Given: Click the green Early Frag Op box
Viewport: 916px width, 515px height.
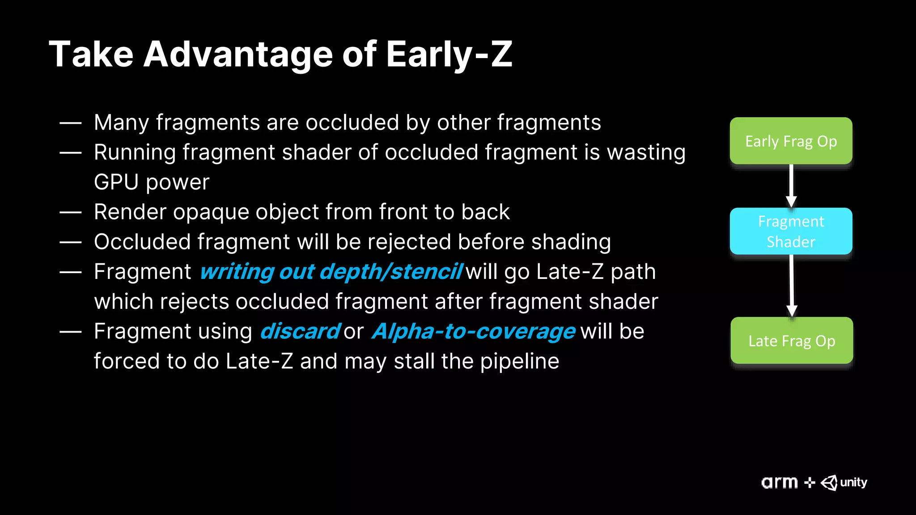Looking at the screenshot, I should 791,141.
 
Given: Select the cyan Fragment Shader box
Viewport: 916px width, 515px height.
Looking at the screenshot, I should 791,231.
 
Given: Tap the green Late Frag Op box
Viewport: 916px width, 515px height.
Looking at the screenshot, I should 792,341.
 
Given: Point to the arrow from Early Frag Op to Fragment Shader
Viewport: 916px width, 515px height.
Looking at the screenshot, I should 791,186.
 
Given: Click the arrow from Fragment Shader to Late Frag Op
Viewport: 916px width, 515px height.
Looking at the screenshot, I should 792,285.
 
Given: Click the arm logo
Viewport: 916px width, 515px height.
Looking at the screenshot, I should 780,483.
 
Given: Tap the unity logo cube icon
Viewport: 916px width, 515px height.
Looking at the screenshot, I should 829,483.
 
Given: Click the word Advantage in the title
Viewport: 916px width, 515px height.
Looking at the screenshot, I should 238,55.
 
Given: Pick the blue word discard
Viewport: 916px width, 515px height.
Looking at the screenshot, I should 300,332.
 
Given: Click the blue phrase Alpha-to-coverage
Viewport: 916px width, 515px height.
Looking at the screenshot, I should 473,332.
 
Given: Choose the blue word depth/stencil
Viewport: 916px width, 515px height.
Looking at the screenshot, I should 391,272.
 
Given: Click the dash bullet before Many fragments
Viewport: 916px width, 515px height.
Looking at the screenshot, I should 71,123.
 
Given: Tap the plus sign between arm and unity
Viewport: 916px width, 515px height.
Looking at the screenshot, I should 810,483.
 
